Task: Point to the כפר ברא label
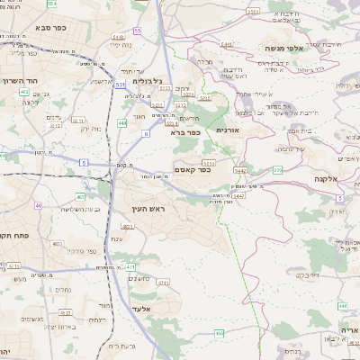pos(185,132)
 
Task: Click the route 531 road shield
pos(119,84)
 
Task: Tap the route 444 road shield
pos(122,121)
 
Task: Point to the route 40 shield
pos(39,205)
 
